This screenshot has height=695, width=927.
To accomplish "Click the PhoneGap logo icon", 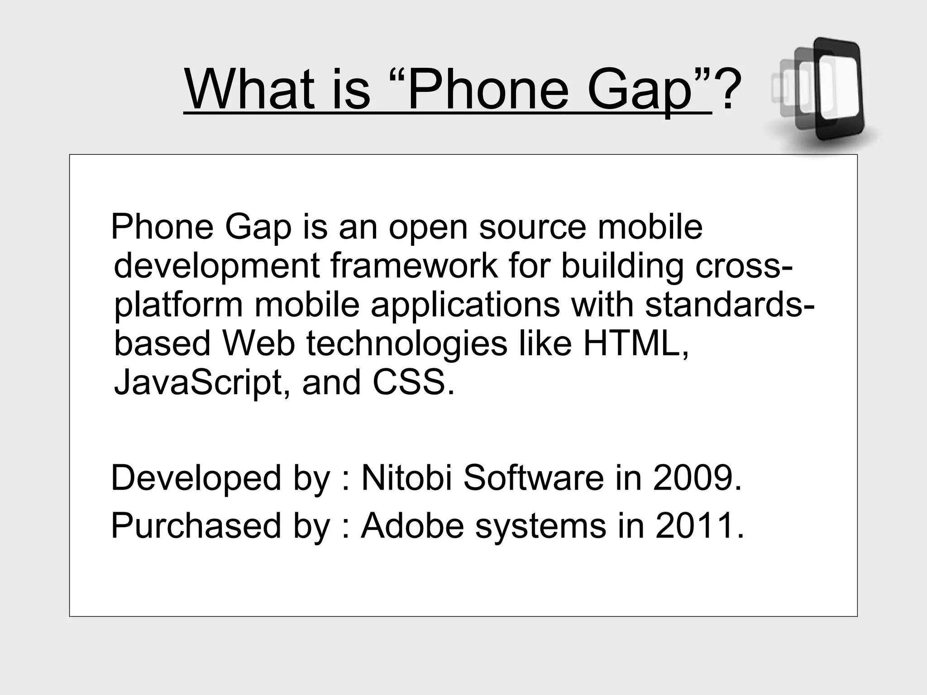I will coord(820,93).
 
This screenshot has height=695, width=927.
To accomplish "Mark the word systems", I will coord(540,526).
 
